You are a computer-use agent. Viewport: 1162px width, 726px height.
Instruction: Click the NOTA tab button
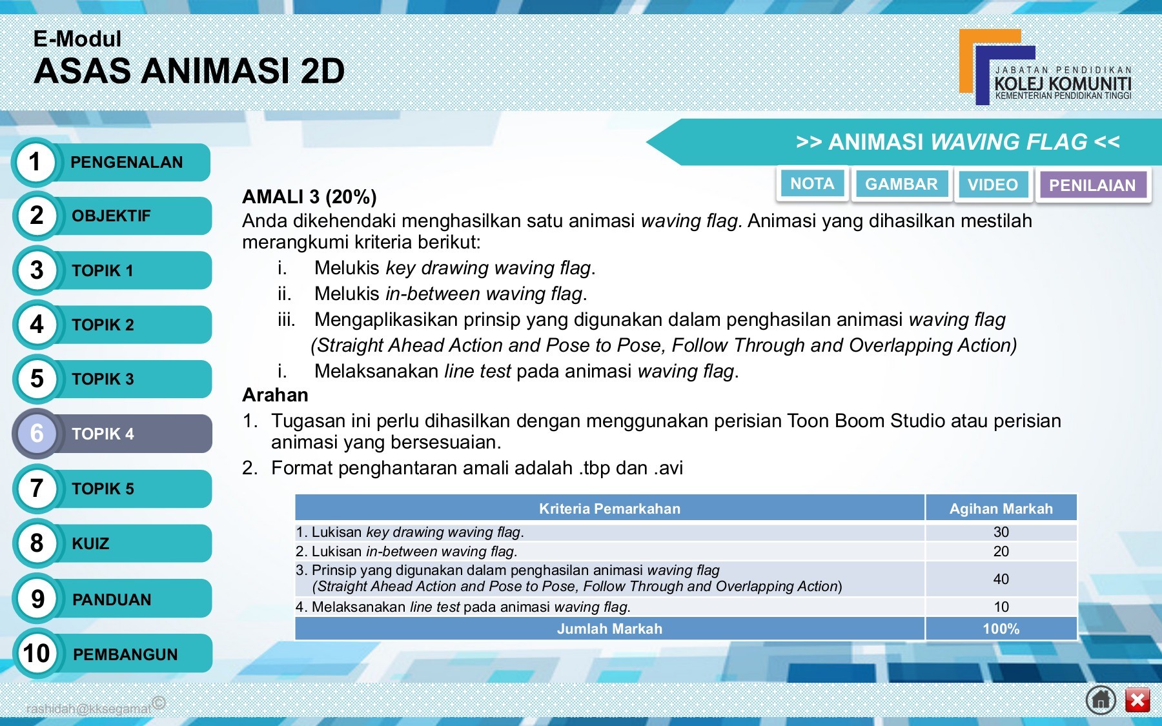812,184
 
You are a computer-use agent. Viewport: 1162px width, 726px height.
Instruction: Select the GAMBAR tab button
901,185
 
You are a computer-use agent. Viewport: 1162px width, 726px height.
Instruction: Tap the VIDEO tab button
992,185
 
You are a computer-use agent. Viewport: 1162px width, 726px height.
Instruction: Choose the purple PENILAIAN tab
1092,186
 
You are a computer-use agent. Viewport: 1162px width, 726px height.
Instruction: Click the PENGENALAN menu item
127,163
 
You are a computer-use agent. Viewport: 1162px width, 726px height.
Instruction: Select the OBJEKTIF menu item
111,216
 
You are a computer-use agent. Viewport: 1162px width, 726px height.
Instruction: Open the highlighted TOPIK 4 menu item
103,434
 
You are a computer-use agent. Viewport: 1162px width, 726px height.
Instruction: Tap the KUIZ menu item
90,544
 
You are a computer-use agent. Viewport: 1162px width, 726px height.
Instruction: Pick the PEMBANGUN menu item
125,654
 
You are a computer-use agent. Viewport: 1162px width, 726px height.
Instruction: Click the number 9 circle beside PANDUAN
37,599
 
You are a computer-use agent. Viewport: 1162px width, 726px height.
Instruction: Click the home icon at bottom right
1101,700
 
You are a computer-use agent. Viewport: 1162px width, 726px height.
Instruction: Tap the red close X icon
1137,700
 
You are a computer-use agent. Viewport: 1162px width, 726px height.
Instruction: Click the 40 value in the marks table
1001,580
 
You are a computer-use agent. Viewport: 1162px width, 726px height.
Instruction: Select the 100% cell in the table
1001,629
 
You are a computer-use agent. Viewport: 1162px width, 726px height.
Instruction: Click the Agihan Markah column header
1001,509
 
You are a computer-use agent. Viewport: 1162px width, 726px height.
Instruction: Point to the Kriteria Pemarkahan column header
609,509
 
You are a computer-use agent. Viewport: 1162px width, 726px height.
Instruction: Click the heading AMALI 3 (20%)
309,197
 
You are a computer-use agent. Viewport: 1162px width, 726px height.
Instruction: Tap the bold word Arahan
275,395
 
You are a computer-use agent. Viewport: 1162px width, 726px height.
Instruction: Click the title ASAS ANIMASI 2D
189,71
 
